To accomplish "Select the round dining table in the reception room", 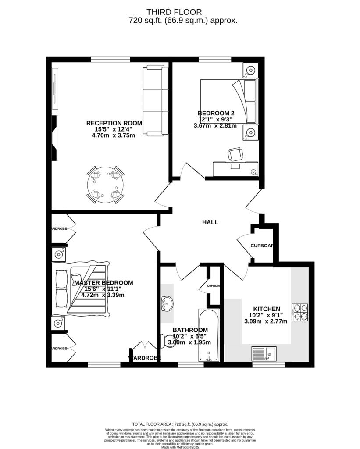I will (105, 185).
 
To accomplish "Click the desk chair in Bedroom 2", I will (235, 154).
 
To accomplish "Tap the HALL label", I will (210, 222).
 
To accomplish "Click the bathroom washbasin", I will (167, 303).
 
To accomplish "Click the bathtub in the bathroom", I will (209, 335).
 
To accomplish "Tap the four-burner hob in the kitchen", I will (300, 312).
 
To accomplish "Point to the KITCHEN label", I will (267, 309).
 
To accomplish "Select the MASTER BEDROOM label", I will (103, 283).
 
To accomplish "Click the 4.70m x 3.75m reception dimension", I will (113, 135).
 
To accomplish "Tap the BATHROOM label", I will (190, 330).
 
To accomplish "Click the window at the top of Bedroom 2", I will (214, 59).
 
